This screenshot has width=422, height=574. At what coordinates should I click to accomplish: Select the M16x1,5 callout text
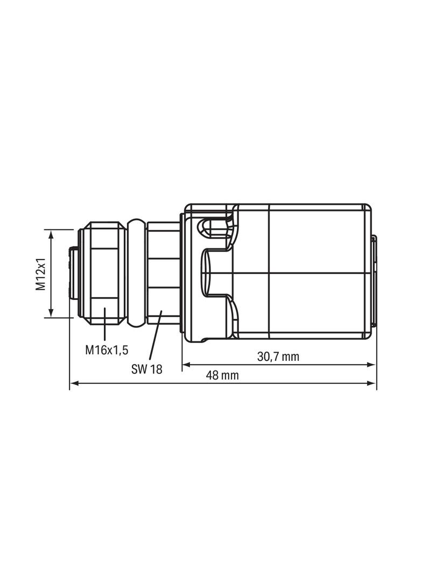point(107,350)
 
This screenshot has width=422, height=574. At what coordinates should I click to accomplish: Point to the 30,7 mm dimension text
point(278,356)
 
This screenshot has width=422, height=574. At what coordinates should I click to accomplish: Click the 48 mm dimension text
point(222,375)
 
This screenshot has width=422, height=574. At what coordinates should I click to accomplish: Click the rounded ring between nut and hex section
point(137,274)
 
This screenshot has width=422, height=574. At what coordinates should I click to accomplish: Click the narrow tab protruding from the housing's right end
point(373,280)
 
